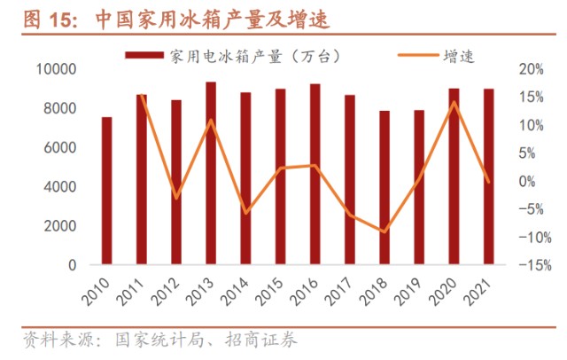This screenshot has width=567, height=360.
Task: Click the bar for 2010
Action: tap(106, 191)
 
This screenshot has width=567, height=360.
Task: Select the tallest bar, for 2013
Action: tap(211, 173)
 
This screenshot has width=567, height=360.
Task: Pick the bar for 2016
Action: tap(315, 174)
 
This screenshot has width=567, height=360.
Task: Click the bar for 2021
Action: tap(487, 176)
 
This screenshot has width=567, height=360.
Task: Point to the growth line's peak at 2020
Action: tap(454, 102)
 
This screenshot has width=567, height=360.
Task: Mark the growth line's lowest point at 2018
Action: tap(384, 231)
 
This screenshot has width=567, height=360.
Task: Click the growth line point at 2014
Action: tap(245, 213)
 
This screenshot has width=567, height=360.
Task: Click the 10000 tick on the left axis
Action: tap(58, 69)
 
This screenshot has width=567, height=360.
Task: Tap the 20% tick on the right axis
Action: tap(529, 69)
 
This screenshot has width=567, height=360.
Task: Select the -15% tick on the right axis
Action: tap(529, 265)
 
